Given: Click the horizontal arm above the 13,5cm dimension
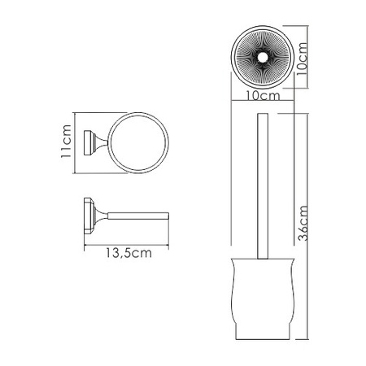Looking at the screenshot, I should click(134, 216).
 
